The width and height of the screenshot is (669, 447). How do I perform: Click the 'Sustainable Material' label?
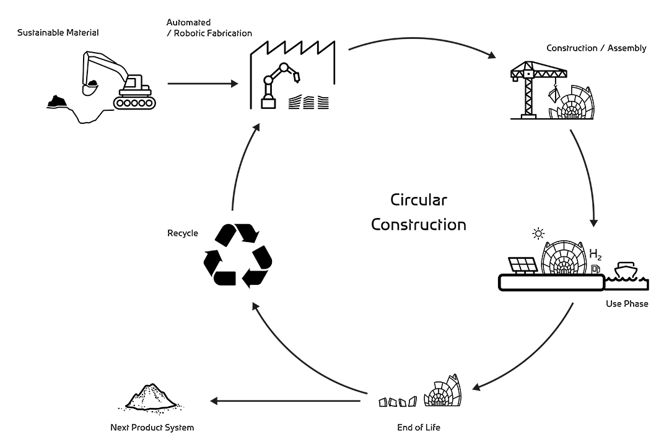tap(58, 32)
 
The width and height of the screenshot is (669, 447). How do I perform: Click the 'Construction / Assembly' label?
tap(596, 48)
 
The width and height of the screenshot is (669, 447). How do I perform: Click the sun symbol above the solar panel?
tap(538, 234)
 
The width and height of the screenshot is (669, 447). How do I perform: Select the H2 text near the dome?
tap(595, 254)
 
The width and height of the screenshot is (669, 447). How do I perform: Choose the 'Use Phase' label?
tap(627, 304)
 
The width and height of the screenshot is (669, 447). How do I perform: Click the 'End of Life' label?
tap(419, 427)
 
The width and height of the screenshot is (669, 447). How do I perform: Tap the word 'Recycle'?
tap(183, 233)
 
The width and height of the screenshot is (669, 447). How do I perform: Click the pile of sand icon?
tap(151, 398)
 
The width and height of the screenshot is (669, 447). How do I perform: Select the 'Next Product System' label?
tap(152, 427)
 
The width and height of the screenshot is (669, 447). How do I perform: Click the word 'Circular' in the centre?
tap(418, 200)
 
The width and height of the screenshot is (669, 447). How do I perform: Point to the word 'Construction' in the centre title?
tap(418, 224)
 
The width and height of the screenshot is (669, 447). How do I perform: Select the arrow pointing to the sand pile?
tap(286, 401)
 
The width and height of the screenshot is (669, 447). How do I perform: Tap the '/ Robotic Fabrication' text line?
tap(209, 33)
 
